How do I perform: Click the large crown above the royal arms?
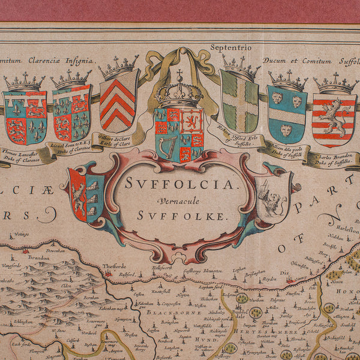coord(179,93)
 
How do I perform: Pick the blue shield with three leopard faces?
coord(287,114)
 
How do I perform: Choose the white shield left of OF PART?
coord(273,199)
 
